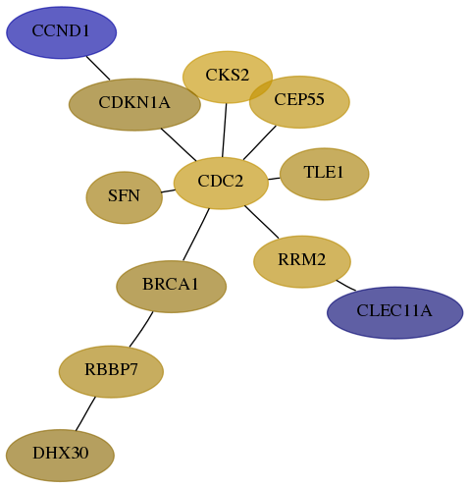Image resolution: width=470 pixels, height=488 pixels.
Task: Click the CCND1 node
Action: tap(62, 32)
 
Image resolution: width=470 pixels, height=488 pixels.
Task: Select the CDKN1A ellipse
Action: tap(134, 104)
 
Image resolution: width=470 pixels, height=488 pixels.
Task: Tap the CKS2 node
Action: tap(228, 77)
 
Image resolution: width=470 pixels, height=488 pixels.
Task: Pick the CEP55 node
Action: tap(299, 102)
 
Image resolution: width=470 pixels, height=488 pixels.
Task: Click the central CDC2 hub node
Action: tap(221, 183)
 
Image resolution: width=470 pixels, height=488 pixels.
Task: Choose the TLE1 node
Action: tap(325, 174)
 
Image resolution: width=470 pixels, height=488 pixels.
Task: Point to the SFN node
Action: tap(125, 197)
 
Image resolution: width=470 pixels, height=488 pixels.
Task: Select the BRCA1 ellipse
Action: tap(172, 287)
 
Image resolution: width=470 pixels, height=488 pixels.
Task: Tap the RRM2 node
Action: tap(302, 261)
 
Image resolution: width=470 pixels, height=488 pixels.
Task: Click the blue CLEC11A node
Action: tap(394, 312)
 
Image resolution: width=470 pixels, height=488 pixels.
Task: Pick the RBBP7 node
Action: tap(111, 371)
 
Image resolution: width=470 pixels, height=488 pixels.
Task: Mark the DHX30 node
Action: tap(60, 456)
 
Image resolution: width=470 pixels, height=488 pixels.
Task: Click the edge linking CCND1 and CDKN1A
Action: tap(98, 68)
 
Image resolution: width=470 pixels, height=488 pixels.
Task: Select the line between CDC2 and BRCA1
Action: tap(196, 235)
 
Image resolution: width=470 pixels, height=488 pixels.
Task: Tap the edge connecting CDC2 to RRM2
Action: tap(262, 222)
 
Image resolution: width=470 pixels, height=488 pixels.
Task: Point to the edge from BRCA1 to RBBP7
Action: tap(141, 329)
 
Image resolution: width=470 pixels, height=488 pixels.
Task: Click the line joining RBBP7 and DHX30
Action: tap(85, 413)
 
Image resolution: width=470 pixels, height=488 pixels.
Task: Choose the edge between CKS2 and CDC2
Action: tap(225, 131)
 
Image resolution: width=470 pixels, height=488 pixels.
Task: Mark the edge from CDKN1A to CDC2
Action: tap(179, 144)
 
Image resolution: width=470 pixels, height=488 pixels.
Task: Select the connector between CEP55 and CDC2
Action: tap(260, 142)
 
